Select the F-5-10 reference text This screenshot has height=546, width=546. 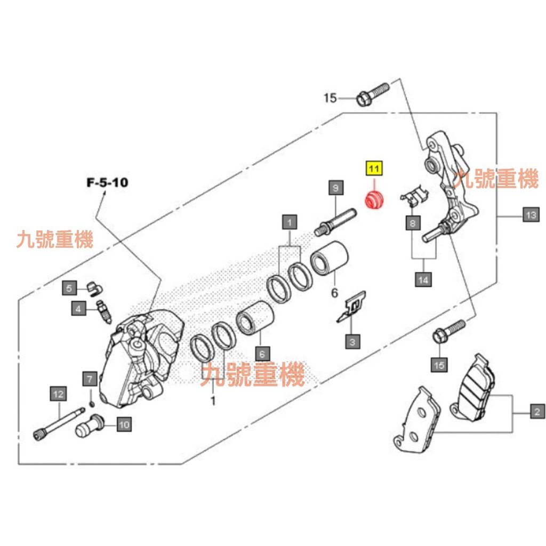click(107, 182)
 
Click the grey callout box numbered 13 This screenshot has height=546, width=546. click(530, 215)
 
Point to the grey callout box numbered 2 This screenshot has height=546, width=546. click(536, 411)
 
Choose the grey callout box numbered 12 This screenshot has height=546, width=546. click(58, 395)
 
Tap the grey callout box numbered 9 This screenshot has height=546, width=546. click(335, 188)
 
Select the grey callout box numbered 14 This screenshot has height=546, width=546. click(423, 279)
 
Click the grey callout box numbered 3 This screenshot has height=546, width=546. click(352, 340)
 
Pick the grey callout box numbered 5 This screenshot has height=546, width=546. click(70, 288)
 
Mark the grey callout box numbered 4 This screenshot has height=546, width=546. click(78, 308)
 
